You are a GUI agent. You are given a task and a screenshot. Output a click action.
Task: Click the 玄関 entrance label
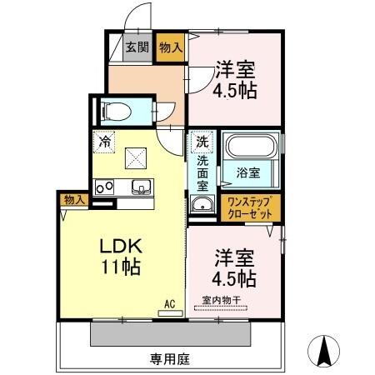point(137,47)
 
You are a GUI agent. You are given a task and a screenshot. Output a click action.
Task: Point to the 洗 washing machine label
point(201,140)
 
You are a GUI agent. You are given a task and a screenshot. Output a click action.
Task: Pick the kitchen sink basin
point(139,186)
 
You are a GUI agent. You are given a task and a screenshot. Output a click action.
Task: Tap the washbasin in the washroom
point(201,206)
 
